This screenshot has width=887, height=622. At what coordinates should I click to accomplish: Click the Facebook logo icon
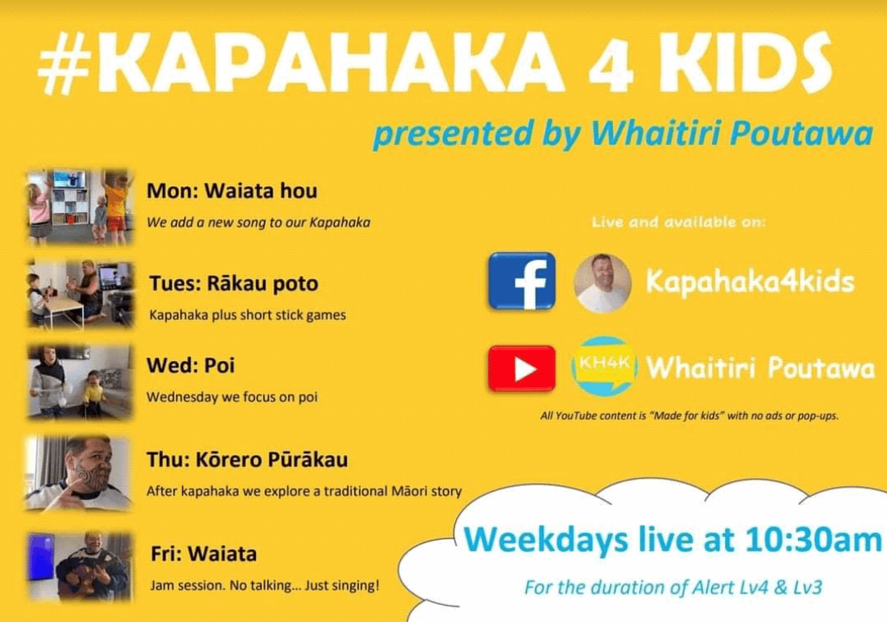click(x=521, y=282)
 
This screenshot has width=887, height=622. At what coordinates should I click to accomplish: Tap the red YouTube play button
click(x=521, y=368)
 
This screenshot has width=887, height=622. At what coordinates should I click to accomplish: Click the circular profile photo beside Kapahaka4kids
click(x=602, y=283)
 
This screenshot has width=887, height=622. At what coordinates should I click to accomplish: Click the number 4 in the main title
click(x=611, y=63)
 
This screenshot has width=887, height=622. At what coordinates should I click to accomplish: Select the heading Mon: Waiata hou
click(x=232, y=191)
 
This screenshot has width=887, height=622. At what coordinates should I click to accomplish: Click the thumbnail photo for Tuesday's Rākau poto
click(x=79, y=295)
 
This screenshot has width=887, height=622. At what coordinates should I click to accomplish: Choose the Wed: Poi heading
click(x=191, y=365)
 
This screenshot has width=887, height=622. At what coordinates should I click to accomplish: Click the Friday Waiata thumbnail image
click(x=79, y=566)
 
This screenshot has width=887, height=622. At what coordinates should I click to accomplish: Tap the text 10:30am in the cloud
click(x=813, y=539)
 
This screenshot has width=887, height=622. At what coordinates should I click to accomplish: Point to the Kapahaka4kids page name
click(x=750, y=282)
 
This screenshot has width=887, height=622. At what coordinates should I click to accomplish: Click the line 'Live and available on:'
click(x=678, y=222)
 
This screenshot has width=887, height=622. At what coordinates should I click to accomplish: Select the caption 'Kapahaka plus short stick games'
click(x=247, y=314)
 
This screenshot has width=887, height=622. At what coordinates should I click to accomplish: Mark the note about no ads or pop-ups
click(x=689, y=416)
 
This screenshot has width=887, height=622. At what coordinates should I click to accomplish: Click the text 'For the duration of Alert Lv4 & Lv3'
click(x=673, y=588)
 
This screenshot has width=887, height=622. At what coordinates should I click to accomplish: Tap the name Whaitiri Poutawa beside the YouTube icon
click(x=760, y=368)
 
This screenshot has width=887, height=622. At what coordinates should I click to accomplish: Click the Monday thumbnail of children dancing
click(x=79, y=206)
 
